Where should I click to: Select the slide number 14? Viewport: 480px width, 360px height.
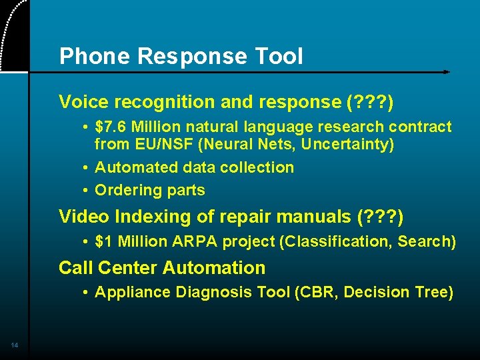click(x=15, y=345)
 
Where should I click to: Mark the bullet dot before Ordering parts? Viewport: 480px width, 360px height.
click(x=86, y=191)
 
